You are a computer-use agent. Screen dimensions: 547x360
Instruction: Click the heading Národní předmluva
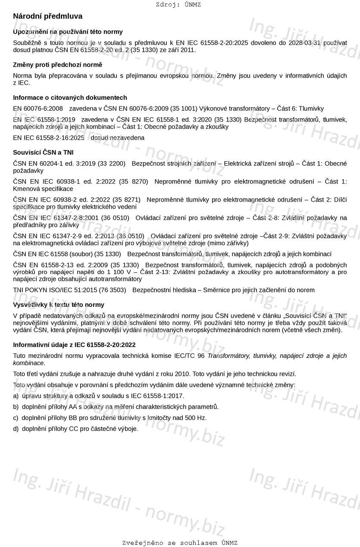(47, 16)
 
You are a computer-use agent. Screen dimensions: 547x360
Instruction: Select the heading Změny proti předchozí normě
(57, 65)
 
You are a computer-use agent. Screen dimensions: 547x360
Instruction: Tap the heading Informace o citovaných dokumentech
(70, 97)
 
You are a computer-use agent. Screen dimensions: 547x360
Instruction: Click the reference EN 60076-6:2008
(38, 109)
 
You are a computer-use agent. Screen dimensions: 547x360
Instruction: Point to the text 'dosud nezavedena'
(117, 138)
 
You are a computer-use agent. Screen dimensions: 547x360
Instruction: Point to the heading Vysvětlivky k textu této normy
(59, 305)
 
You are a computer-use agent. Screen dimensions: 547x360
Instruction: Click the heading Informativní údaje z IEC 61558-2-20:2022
(74, 345)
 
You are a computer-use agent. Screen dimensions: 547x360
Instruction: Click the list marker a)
(16, 396)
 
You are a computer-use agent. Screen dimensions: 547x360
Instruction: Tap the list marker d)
(16, 429)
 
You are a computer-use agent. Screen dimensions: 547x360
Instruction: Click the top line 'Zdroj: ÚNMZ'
(178, 5)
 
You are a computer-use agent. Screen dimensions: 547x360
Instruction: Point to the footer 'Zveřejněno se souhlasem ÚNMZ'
(180, 543)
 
